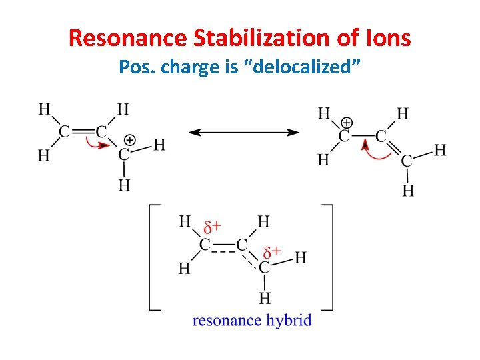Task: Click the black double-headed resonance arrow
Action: (x=244, y=133)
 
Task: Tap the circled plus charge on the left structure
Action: (x=130, y=140)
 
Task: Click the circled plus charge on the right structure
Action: (x=347, y=123)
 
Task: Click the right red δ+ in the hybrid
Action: (x=272, y=252)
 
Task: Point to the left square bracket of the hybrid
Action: (x=152, y=257)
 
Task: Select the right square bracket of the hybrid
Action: (x=327, y=257)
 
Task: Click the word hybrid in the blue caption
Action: (x=289, y=321)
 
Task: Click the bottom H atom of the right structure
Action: (x=408, y=191)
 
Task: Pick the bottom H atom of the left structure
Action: (x=124, y=185)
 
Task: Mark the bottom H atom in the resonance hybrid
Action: (x=265, y=297)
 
